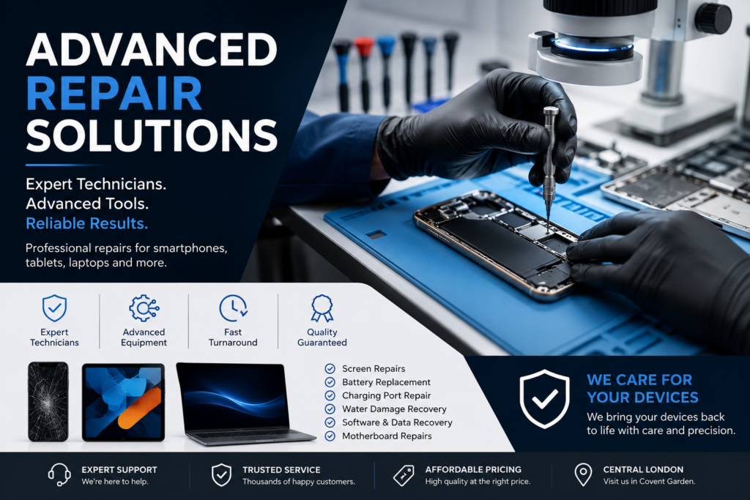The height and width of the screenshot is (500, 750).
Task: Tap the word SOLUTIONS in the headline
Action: point(152,135)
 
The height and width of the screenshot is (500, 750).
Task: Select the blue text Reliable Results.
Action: point(86,223)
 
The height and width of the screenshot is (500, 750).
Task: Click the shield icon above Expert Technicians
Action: point(54,308)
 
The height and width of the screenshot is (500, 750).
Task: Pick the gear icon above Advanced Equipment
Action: point(144,308)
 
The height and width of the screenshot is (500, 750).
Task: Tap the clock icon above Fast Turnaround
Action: point(233,308)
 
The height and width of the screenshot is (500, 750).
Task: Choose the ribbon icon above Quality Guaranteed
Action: point(322,308)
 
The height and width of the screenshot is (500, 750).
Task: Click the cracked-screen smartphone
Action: point(48,401)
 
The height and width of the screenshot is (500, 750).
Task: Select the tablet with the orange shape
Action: point(123,402)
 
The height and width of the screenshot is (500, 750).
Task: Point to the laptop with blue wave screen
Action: point(244,404)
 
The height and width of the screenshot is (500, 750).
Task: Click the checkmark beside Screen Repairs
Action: point(330,368)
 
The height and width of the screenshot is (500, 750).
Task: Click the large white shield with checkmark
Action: point(544,399)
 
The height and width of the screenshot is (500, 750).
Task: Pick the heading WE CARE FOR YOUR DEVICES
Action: point(642,388)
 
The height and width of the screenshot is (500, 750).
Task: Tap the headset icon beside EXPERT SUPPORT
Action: point(59,474)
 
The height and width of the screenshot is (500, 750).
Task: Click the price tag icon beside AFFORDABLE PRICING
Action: point(404,475)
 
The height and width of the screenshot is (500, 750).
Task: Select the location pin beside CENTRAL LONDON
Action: point(583,474)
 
